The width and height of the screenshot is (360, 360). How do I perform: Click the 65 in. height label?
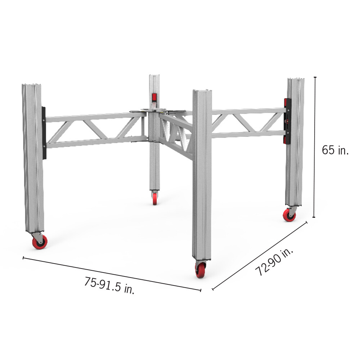(335, 150)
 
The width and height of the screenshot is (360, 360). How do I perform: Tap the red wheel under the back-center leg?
(155, 199)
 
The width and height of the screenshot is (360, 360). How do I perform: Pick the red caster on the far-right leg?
(290, 215)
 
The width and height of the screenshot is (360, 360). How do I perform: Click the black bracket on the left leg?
(44, 133)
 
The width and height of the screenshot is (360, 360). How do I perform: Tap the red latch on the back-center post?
(154, 97)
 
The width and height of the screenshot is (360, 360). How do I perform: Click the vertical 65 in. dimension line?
(315, 148)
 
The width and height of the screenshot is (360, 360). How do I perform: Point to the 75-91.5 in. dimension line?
(112, 274)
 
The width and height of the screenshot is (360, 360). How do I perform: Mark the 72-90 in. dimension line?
(260, 256)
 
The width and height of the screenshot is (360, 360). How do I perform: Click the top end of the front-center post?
(202, 91)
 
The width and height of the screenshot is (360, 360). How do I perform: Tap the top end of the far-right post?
(295, 79)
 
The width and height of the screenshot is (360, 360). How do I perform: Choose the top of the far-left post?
(32, 85)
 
